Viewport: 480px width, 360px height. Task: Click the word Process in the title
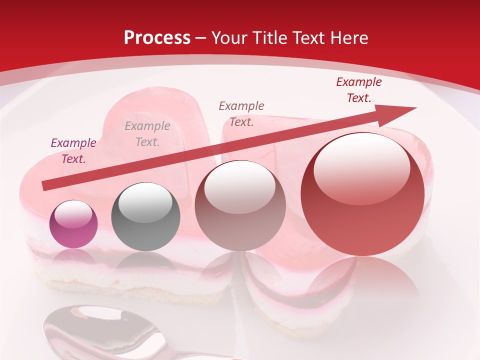click(x=157, y=38)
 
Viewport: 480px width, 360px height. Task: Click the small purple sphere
click(x=73, y=224)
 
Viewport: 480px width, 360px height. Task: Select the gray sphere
click(x=145, y=216)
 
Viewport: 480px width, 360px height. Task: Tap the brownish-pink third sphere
click(x=240, y=205)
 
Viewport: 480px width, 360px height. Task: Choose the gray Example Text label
click(x=147, y=134)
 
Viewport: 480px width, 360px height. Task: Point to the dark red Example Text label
click(x=358, y=90)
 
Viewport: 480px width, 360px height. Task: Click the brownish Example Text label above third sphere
click(x=241, y=113)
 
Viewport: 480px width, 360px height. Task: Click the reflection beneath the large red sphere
click(x=362, y=280)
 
